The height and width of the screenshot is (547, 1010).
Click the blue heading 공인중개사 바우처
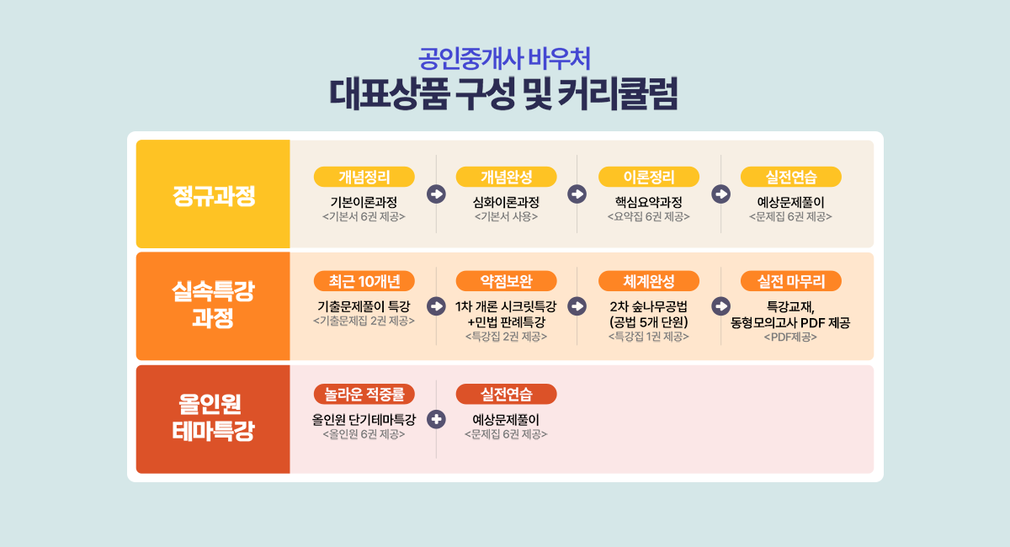point(504,59)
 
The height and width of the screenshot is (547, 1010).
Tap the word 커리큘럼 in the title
point(618,94)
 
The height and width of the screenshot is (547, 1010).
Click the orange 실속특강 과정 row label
point(213,305)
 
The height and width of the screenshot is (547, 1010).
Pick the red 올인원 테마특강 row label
point(213,417)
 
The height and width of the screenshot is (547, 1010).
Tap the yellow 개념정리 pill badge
point(364,177)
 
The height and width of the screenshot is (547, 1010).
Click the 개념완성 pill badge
point(507,177)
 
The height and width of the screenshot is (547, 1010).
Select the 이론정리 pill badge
point(649,177)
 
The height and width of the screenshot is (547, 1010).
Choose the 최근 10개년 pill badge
point(364,281)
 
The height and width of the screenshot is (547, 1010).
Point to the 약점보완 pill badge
point(507,281)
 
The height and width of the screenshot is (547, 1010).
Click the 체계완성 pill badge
point(649,281)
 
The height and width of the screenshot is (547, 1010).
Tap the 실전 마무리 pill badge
point(791,281)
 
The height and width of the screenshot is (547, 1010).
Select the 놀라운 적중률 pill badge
point(364,395)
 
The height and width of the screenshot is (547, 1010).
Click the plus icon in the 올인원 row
point(436,419)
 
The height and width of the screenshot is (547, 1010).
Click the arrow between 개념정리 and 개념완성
point(436,194)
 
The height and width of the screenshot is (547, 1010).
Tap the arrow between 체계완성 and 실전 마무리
point(721,306)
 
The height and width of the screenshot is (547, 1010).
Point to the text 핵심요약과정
point(649,202)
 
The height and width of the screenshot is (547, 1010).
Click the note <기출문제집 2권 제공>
point(364,321)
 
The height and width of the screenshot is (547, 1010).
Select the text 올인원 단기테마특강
point(364,420)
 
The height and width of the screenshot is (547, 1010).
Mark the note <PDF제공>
point(790,337)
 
